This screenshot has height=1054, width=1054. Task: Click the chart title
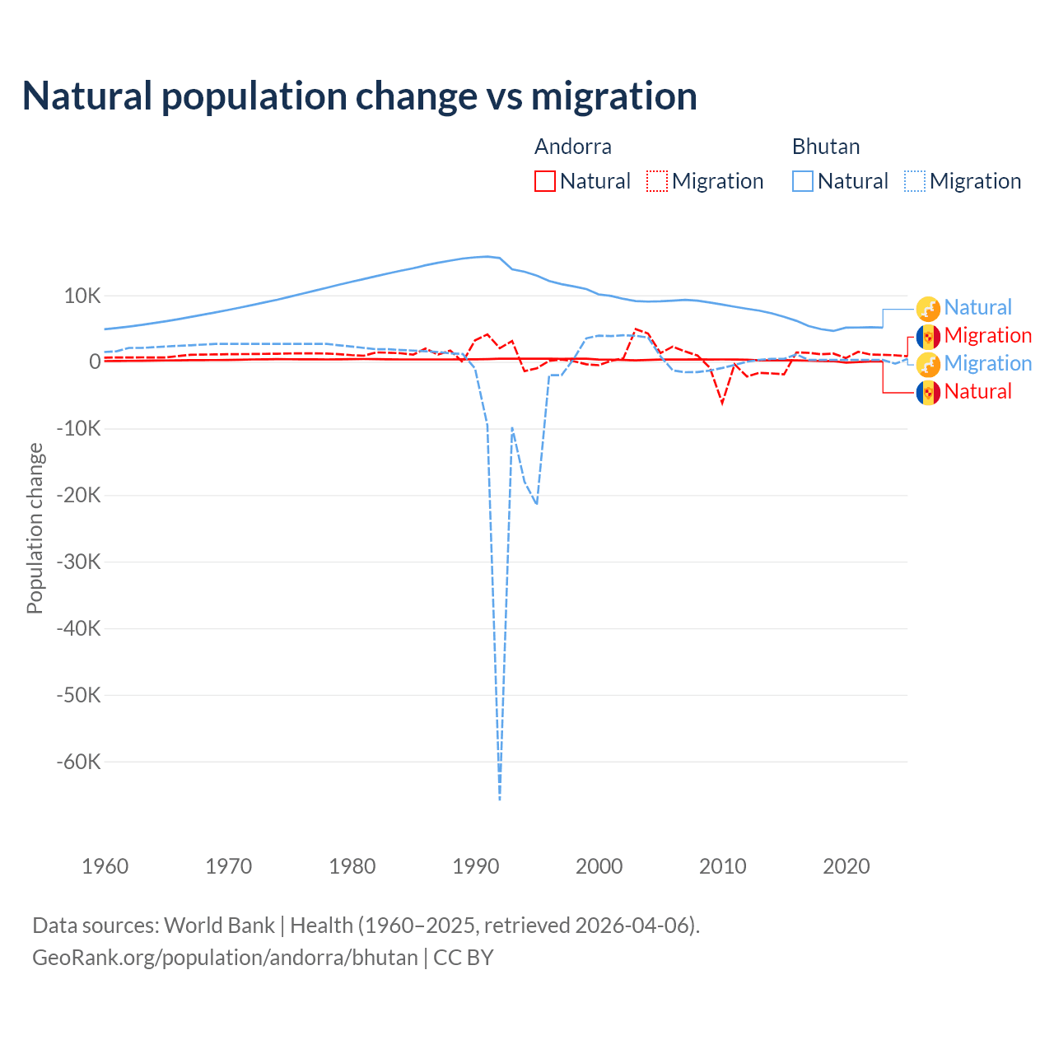[360, 96]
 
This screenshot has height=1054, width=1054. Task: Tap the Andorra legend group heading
[572, 147]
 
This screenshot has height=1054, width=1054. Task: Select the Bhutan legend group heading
[825, 147]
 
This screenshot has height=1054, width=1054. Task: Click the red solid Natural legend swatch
[545, 181]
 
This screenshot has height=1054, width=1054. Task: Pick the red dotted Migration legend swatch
[657, 181]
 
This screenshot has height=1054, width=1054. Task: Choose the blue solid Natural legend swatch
[803, 181]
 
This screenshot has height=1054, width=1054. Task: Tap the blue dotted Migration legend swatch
[915, 181]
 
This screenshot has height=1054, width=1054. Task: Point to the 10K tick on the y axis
[82, 296]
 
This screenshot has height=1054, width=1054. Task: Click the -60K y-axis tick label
[79, 762]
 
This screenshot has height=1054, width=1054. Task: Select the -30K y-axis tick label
[79, 562]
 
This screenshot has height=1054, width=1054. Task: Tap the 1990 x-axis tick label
[476, 866]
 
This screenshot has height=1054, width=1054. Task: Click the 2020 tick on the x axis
[846, 866]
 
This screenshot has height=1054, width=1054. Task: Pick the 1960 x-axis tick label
[105, 866]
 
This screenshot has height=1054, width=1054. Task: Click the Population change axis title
[35, 528]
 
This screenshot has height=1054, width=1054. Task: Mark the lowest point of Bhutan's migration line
[500, 799]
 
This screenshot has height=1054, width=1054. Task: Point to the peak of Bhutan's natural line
[487, 256]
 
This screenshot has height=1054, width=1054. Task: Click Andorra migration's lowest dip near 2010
[722, 403]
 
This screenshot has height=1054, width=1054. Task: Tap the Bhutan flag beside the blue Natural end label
[928, 308]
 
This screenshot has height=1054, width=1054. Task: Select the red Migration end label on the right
[987, 335]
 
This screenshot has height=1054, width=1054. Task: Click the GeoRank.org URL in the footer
[225, 958]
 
